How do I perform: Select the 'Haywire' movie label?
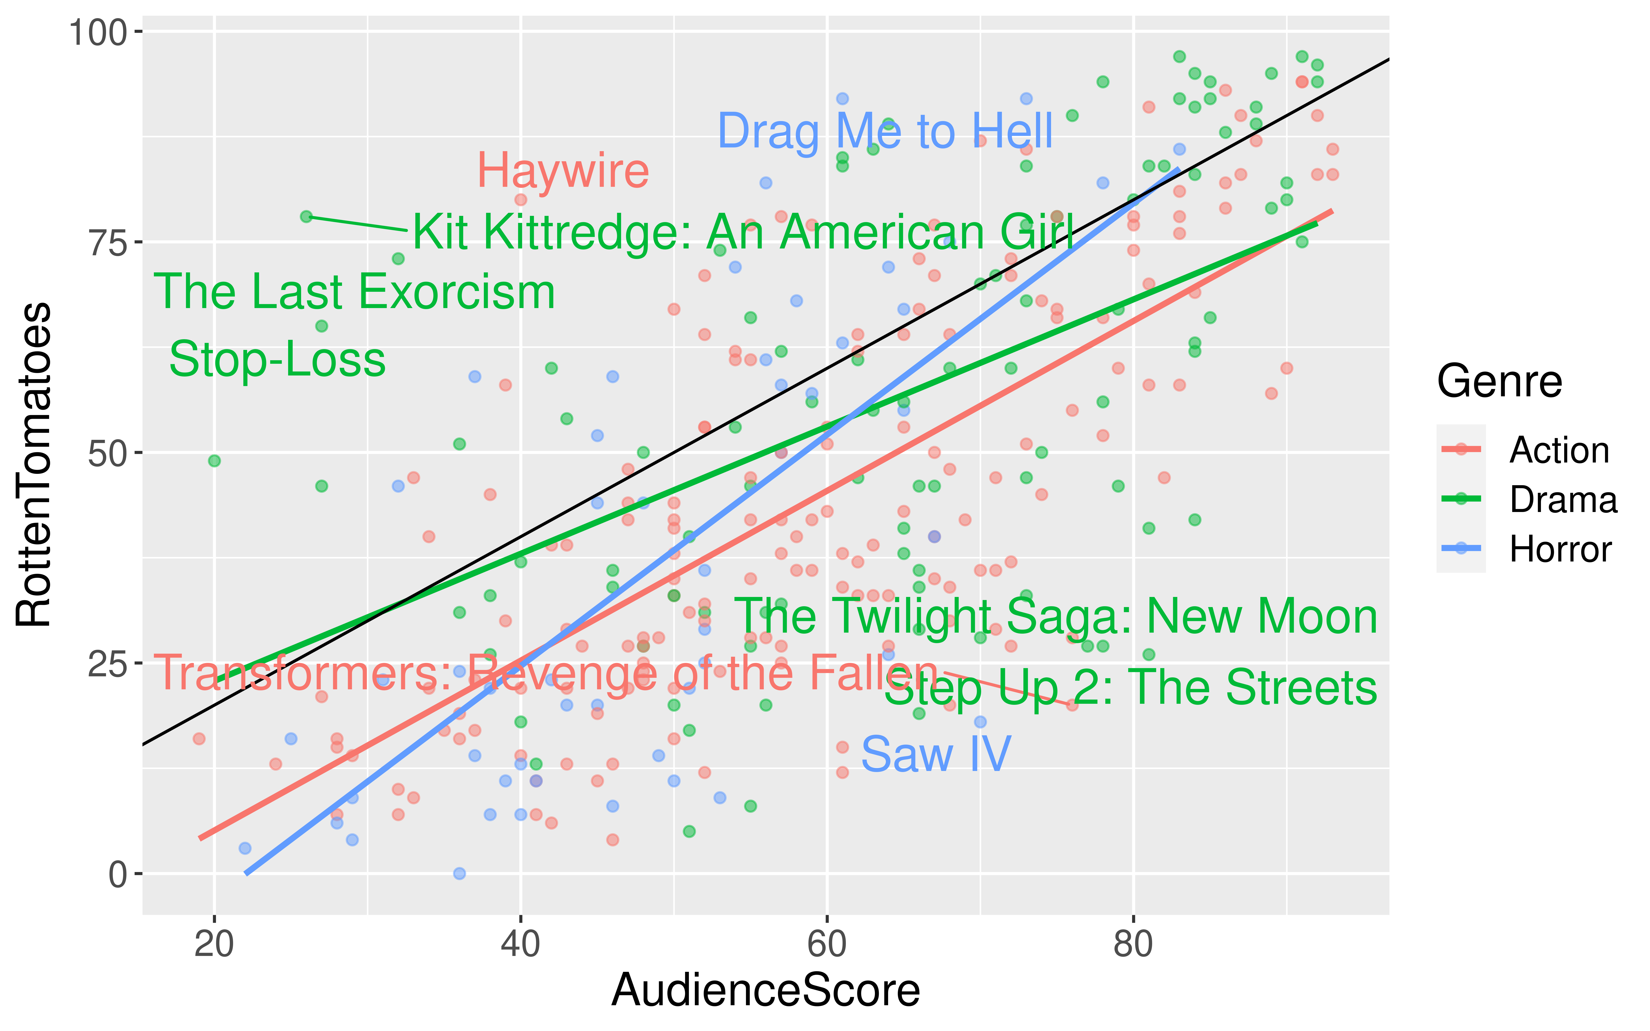(562, 171)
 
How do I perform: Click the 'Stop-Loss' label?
(277, 359)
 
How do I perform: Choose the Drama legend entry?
(1563, 500)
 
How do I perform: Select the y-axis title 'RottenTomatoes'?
(34, 464)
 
